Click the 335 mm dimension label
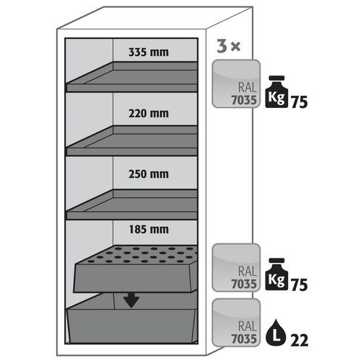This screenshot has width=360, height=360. (148, 52)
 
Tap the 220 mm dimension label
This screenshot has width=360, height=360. (148, 113)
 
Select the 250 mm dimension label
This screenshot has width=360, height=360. (148, 174)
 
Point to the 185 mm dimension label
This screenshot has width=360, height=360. (149, 230)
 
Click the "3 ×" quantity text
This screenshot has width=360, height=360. (228, 46)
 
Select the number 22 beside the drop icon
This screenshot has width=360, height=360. (300, 341)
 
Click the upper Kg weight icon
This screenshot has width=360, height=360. (276, 91)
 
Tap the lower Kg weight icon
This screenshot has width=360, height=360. (276, 274)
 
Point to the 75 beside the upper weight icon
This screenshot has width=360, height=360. (300, 102)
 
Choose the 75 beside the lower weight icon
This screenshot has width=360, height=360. (300, 284)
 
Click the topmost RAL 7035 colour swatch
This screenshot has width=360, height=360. (236, 84)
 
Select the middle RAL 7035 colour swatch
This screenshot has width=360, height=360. (236, 268)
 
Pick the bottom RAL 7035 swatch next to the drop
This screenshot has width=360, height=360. (236, 323)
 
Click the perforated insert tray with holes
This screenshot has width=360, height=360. (136, 269)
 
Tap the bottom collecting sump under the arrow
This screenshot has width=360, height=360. (132, 319)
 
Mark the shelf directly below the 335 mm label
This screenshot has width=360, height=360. (132, 77)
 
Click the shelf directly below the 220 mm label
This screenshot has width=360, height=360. (132, 140)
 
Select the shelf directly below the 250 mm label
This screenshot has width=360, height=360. (132, 204)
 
